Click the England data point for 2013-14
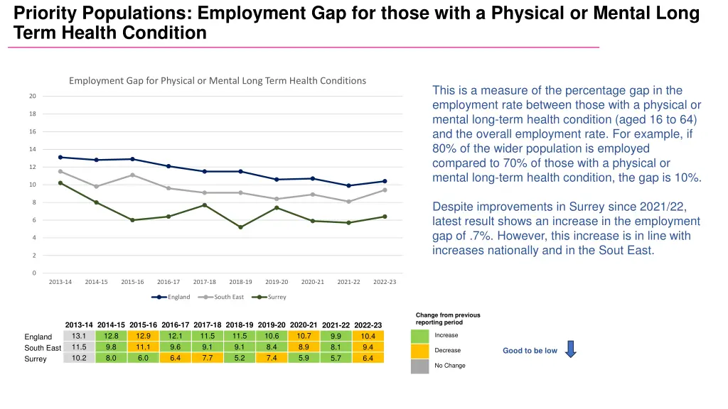coord(60,157)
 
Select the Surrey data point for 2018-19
coord(241,227)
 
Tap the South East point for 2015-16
coord(132,175)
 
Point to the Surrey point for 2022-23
coord(385,217)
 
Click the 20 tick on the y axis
coord(33,97)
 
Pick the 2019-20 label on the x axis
coord(277,282)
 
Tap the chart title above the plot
coord(218,81)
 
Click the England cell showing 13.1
coord(79,336)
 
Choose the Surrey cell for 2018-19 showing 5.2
coord(240,358)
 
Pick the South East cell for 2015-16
coord(143,347)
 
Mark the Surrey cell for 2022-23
coord(368,358)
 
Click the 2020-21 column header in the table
coord(304,325)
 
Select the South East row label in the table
coord(43,348)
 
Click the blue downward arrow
coord(570,349)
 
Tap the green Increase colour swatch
coord(420,336)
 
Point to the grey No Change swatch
coord(420,366)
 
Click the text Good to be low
coord(530,351)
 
